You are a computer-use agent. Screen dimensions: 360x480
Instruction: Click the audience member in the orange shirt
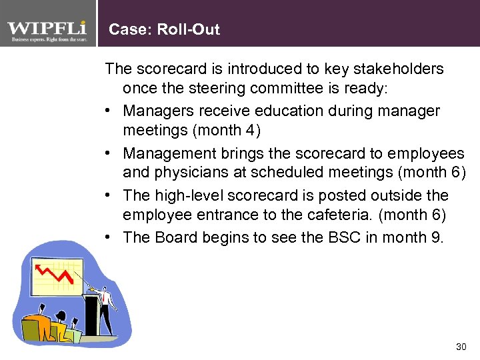pyautogui.click(x=37, y=327)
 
